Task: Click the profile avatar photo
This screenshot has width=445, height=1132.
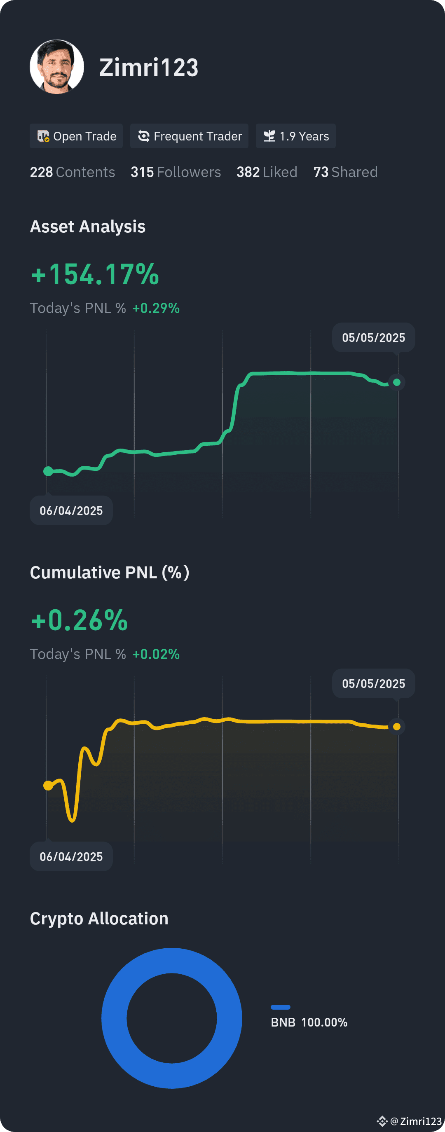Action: pos(57,67)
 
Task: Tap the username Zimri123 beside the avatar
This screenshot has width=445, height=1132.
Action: pos(149,68)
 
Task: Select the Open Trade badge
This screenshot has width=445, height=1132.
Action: pos(76,136)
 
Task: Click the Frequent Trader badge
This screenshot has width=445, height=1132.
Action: pos(189,136)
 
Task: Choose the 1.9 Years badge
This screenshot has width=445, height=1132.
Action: pos(295,136)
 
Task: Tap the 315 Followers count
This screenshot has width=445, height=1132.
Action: pos(176,172)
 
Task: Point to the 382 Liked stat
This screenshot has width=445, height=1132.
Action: pos(267,172)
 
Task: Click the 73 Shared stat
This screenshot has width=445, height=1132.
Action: pos(345,172)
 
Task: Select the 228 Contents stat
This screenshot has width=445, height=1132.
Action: pos(72,172)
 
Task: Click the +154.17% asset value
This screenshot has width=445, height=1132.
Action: pos(95,274)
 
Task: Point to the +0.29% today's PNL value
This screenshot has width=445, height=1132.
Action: pos(156,308)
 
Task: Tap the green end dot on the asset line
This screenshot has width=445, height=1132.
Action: pos(397,382)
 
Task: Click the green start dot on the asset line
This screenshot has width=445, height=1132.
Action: pos(48,471)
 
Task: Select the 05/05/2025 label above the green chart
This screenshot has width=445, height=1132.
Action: pos(373,337)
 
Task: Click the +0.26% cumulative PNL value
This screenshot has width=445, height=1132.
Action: pos(79,620)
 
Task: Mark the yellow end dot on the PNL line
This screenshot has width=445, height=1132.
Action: pos(397,726)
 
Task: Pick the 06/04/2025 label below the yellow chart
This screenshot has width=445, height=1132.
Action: pos(71,856)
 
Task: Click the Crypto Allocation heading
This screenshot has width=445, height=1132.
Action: pos(99,919)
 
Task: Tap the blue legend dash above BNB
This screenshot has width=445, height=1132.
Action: pos(281,1007)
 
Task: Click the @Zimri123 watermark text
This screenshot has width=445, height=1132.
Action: pos(415,1121)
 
